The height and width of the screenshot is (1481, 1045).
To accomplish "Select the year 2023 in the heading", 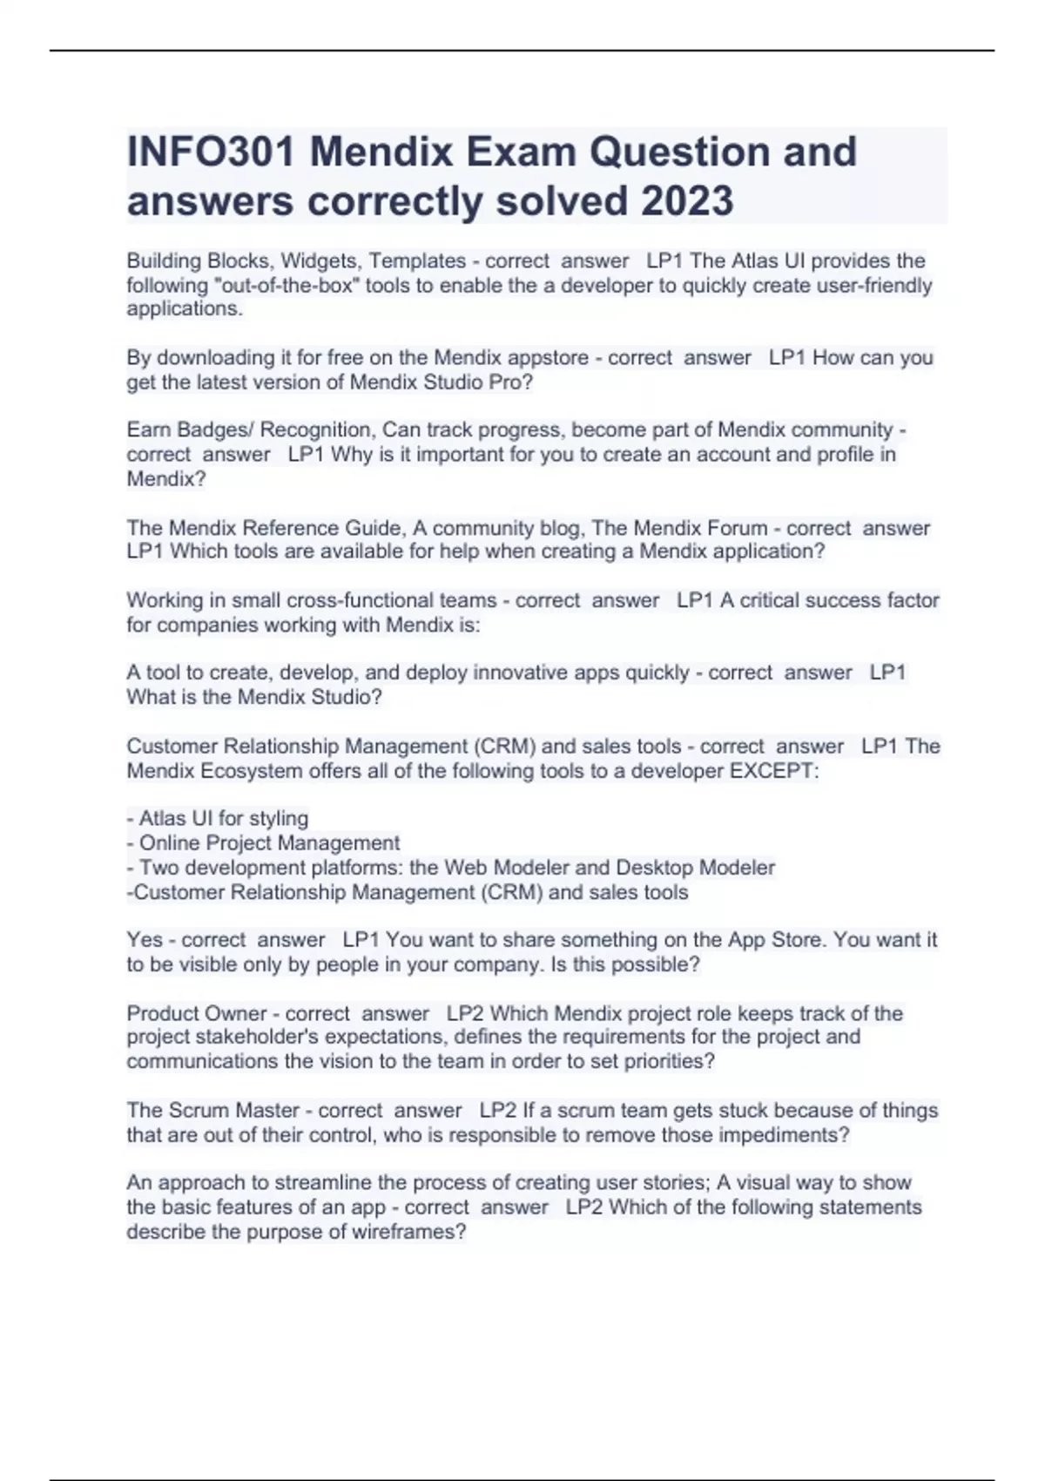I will coord(687,201).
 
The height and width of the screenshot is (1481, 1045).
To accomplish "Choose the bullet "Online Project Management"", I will coord(269,842).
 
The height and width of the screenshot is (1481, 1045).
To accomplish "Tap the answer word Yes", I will coord(145,939).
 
